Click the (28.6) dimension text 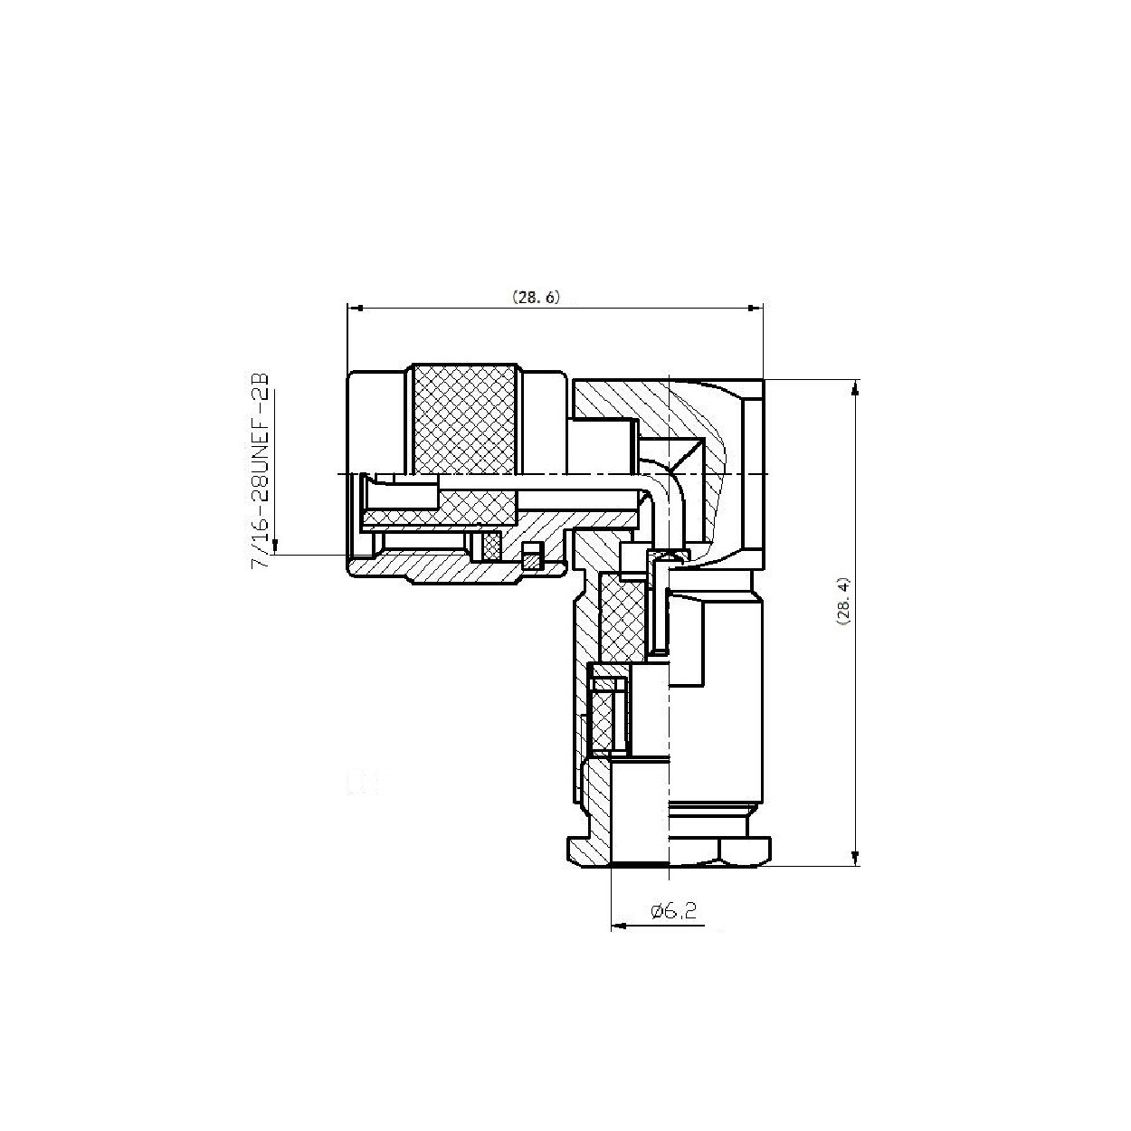point(537,297)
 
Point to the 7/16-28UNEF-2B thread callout point(261,467)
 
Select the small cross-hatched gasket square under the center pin point(492,545)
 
